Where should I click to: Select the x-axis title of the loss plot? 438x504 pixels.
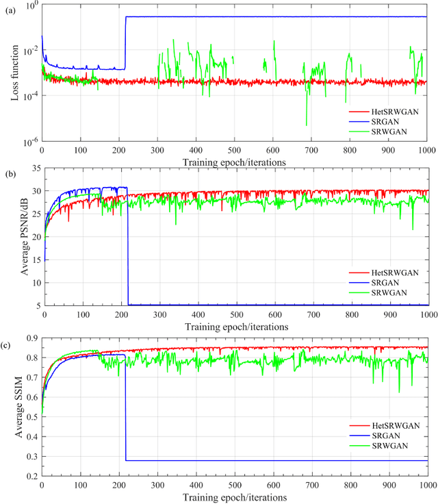pyautogui.click(x=235, y=162)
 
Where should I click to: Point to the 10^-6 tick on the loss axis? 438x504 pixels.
pyautogui.click(x=31, y=142)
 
